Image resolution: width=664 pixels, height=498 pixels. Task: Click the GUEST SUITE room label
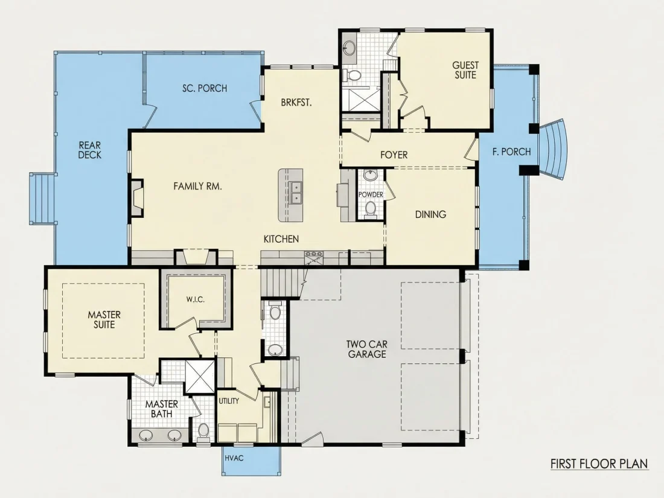click(x=465, y=70)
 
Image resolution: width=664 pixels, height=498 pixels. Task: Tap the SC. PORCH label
click(x=205, y=88)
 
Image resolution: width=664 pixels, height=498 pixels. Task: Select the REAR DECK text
click(x=90, y=150)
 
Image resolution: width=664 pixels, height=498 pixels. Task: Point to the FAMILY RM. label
click(x=198, y=186)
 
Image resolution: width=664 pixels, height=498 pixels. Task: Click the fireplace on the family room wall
click(x=137, y=198)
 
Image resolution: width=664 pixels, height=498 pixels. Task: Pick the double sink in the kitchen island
click(x=296, y=192)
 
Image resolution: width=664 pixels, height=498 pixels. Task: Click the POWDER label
click(x=371, y=194)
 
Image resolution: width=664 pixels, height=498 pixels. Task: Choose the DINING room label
click(x=430, y=214)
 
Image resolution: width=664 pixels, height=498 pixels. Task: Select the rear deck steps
click(x=42, y=198)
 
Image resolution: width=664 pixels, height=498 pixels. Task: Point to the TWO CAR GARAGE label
click(x=367, y=350)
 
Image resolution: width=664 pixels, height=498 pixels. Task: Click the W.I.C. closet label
click(x=195, y=299)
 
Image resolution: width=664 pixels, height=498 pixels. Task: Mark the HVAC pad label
click(x=234, y=458)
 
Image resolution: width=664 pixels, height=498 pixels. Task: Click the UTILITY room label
click(x=229, y=401)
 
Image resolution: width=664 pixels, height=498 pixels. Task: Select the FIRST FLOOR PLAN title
click(x=599, y=464)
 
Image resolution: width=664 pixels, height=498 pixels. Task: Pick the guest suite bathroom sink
click(x=350, y=48)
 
